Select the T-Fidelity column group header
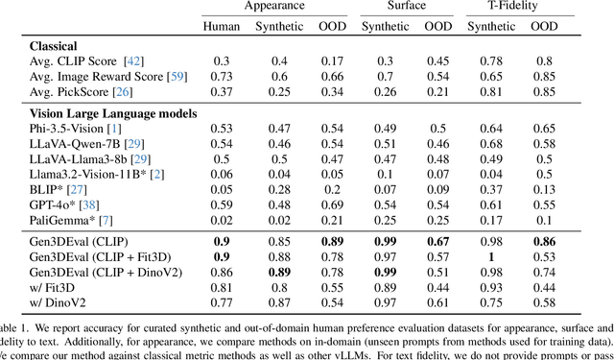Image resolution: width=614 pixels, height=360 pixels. pyautogui.click(x=520, y=7)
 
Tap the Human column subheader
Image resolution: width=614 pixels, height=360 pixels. pyautogui.click(x=222, y=26)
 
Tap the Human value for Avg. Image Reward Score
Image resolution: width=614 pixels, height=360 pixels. pyautogui.click(x=222, y=77)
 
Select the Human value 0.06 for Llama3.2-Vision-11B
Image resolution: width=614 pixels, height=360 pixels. pyautogui.click(x=222, y=174)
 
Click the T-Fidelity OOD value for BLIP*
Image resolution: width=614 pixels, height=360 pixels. pyautogui.click(x=545, y=189)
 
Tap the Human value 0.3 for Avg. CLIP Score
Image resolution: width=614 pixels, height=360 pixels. pyautogui.click(x=222, y=61)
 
